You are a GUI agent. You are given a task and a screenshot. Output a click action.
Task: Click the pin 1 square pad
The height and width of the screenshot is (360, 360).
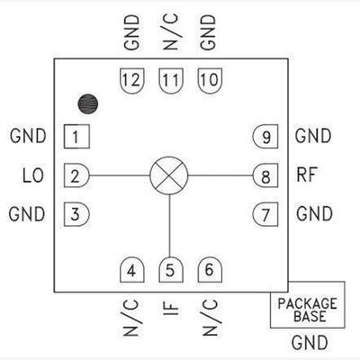(76, 137)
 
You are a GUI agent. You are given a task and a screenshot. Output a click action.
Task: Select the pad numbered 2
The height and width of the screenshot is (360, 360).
(76, 175)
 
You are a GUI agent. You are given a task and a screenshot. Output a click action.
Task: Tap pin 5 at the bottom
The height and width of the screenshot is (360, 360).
(171, 270)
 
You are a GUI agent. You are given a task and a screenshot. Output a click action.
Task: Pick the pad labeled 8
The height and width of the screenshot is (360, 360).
(265, 175)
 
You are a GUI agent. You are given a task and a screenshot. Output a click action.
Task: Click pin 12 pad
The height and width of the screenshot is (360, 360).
(132, 80)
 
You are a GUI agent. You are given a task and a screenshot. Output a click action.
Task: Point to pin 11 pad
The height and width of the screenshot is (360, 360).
(171, 80)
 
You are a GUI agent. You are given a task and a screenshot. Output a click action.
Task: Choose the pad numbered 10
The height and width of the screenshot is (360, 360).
(210, 80)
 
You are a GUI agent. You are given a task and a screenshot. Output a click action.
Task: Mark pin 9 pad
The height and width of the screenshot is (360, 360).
(265, 137)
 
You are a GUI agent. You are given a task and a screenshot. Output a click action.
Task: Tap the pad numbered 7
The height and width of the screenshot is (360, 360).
(265, 214)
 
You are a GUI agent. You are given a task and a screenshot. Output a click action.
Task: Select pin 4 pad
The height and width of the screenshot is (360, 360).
(132, 270)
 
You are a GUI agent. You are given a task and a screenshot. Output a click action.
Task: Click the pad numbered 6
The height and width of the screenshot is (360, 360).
(210, 270)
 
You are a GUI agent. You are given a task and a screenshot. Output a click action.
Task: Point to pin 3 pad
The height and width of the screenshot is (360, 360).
(76, 214)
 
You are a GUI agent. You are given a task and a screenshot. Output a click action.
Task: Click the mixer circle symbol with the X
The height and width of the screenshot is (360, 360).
(169, 175)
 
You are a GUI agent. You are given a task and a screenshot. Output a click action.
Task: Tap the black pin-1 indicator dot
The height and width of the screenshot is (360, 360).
(88, 104)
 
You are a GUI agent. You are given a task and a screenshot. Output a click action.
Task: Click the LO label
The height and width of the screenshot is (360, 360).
(33, 175)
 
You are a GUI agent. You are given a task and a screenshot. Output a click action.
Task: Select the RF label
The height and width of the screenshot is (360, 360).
(307, 175)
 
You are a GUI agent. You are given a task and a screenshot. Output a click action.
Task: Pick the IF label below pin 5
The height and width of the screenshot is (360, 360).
(170, 309)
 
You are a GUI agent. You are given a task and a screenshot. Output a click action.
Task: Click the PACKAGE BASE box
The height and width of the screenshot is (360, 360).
(308, 304)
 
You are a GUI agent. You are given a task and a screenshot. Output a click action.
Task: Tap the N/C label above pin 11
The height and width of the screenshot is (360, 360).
(170, 32)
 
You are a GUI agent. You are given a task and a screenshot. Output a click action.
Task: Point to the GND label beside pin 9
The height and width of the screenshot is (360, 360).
(313, 136)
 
